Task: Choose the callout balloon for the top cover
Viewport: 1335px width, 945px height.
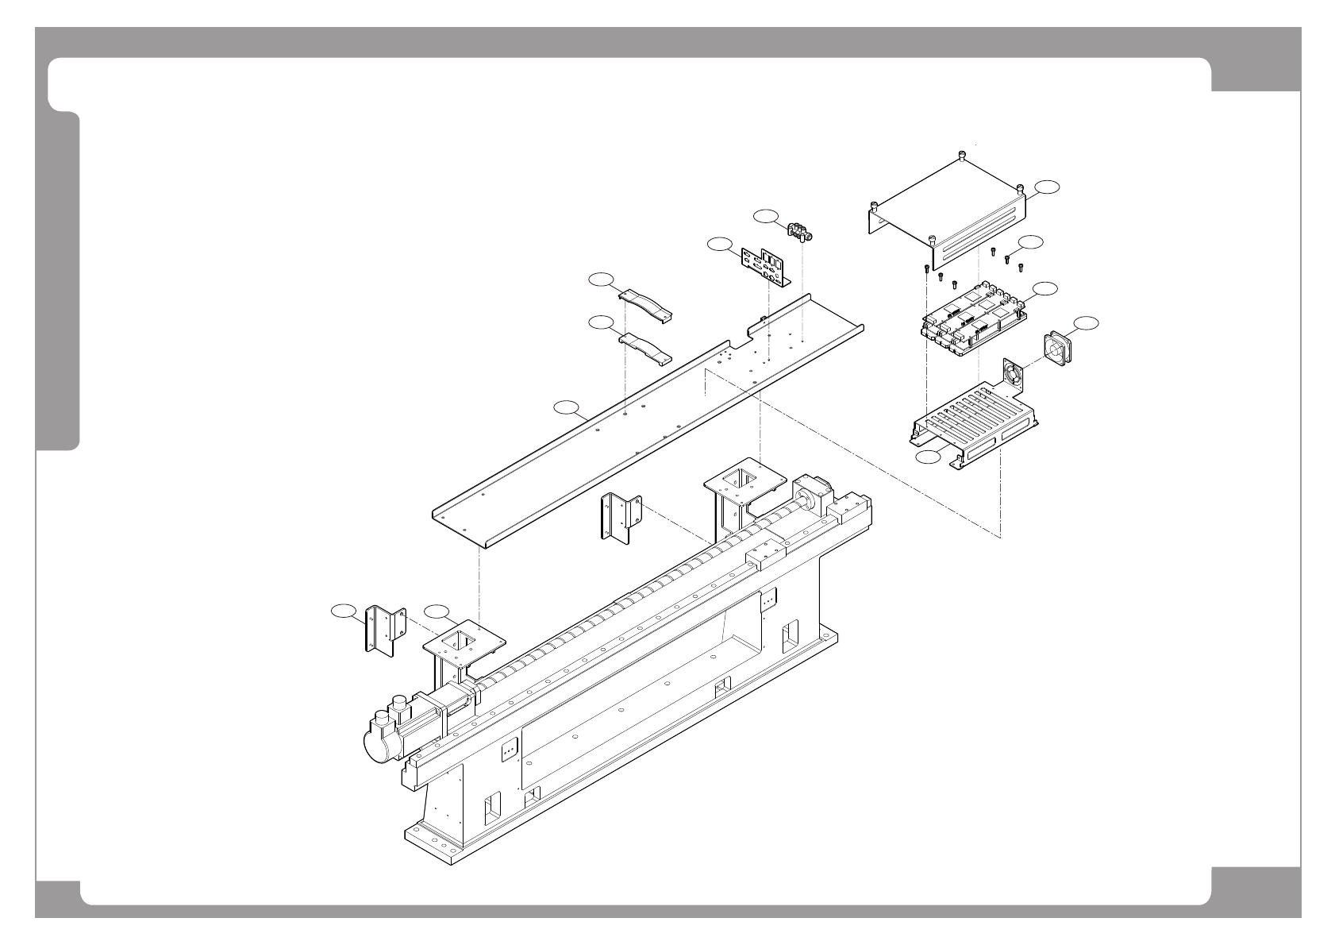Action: (1047, 187)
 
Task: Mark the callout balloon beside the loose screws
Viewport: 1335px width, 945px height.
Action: (1031, 241)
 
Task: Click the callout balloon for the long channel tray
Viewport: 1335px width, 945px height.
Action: (566, 408)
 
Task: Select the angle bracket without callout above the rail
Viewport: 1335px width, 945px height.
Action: (620, 516)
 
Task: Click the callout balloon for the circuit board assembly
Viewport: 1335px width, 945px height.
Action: (1047, 288)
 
